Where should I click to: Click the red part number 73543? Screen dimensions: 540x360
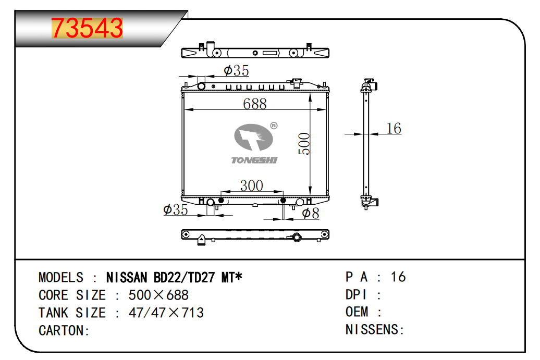pyautogui.click(x=87, y=28)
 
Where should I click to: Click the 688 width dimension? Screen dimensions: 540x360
pyautogui.click(x=255, y=104)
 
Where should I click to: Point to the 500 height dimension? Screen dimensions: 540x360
pyautogui.click(x=304, y=144)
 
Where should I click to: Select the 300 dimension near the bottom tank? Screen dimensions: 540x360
pyautogui.click(x=252, y=185)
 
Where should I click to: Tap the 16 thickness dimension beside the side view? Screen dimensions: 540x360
pyautogui.click(x=394, y=128)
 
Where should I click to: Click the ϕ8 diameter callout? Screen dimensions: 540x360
pyautogui.click(x=311, y=213)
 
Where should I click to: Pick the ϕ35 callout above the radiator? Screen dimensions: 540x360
pyautogui.click(x=236, y=70)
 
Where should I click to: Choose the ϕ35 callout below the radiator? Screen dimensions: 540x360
pyautogui.click(x=176, y=209)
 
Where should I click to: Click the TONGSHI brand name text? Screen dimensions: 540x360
pyautogui.click(x=254, y=160)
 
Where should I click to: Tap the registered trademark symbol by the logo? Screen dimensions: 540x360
pyautogui.click(x=274, y=126)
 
